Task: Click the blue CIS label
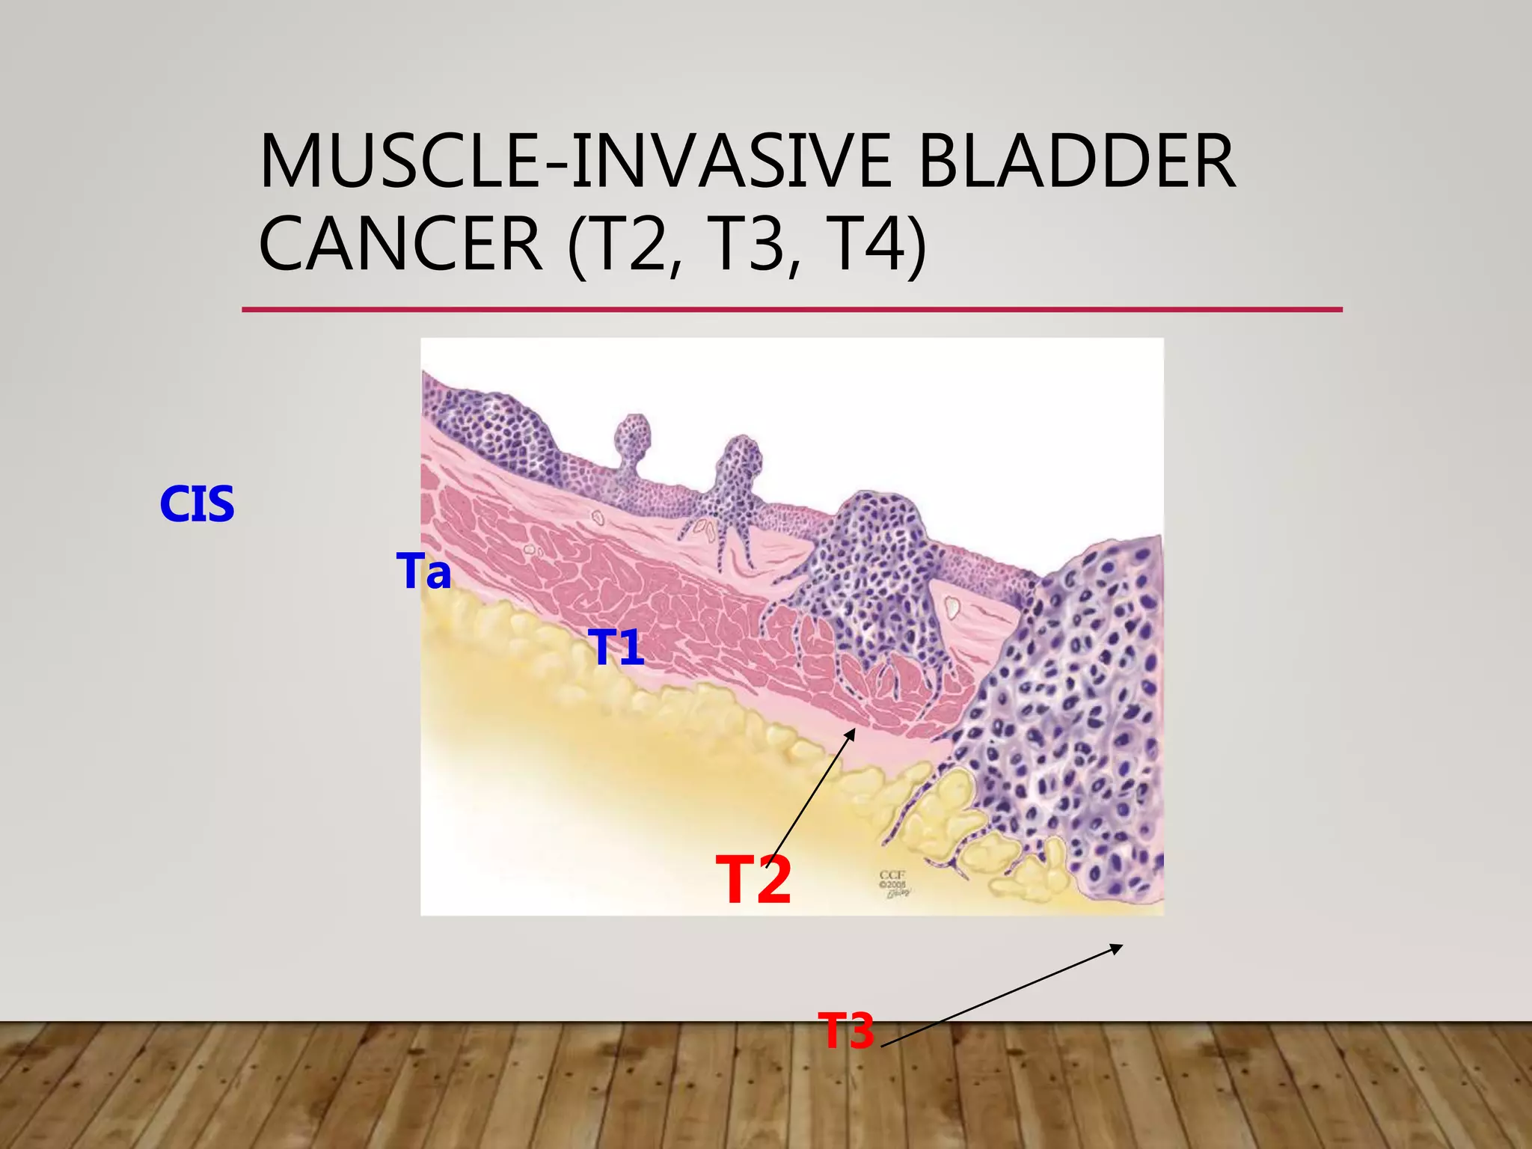pos(197,504)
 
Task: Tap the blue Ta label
pos(423,572)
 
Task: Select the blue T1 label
pos(616,648)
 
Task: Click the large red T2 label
pos(753,881)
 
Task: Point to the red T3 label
pos(845,1031)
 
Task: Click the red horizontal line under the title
pos(791,310)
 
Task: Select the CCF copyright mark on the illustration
pos(895,883)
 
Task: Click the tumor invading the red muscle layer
pos(875,583)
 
